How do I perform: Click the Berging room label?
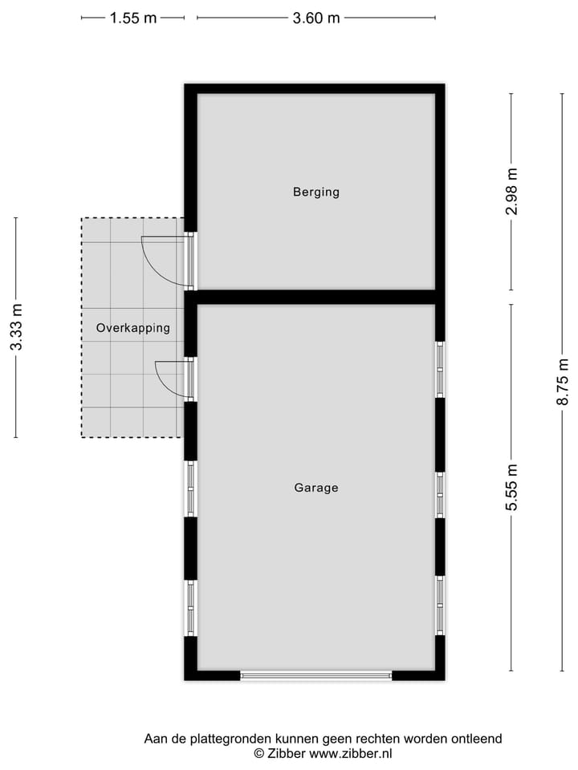click(315, 192)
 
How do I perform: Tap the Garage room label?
click(315, 487)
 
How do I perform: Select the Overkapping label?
click(132, 327)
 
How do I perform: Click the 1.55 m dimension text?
click(132, 18)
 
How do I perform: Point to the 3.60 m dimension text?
click(316, 18)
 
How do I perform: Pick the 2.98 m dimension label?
click(511, 191)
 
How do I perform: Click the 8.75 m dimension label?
click(563, 382)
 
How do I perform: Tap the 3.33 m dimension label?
click(16, 327)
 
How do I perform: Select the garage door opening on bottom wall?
click(315, 676)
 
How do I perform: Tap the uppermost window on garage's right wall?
click(440, 369)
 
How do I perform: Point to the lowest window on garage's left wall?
click(191, 607)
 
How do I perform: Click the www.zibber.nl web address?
click(351, 753)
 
